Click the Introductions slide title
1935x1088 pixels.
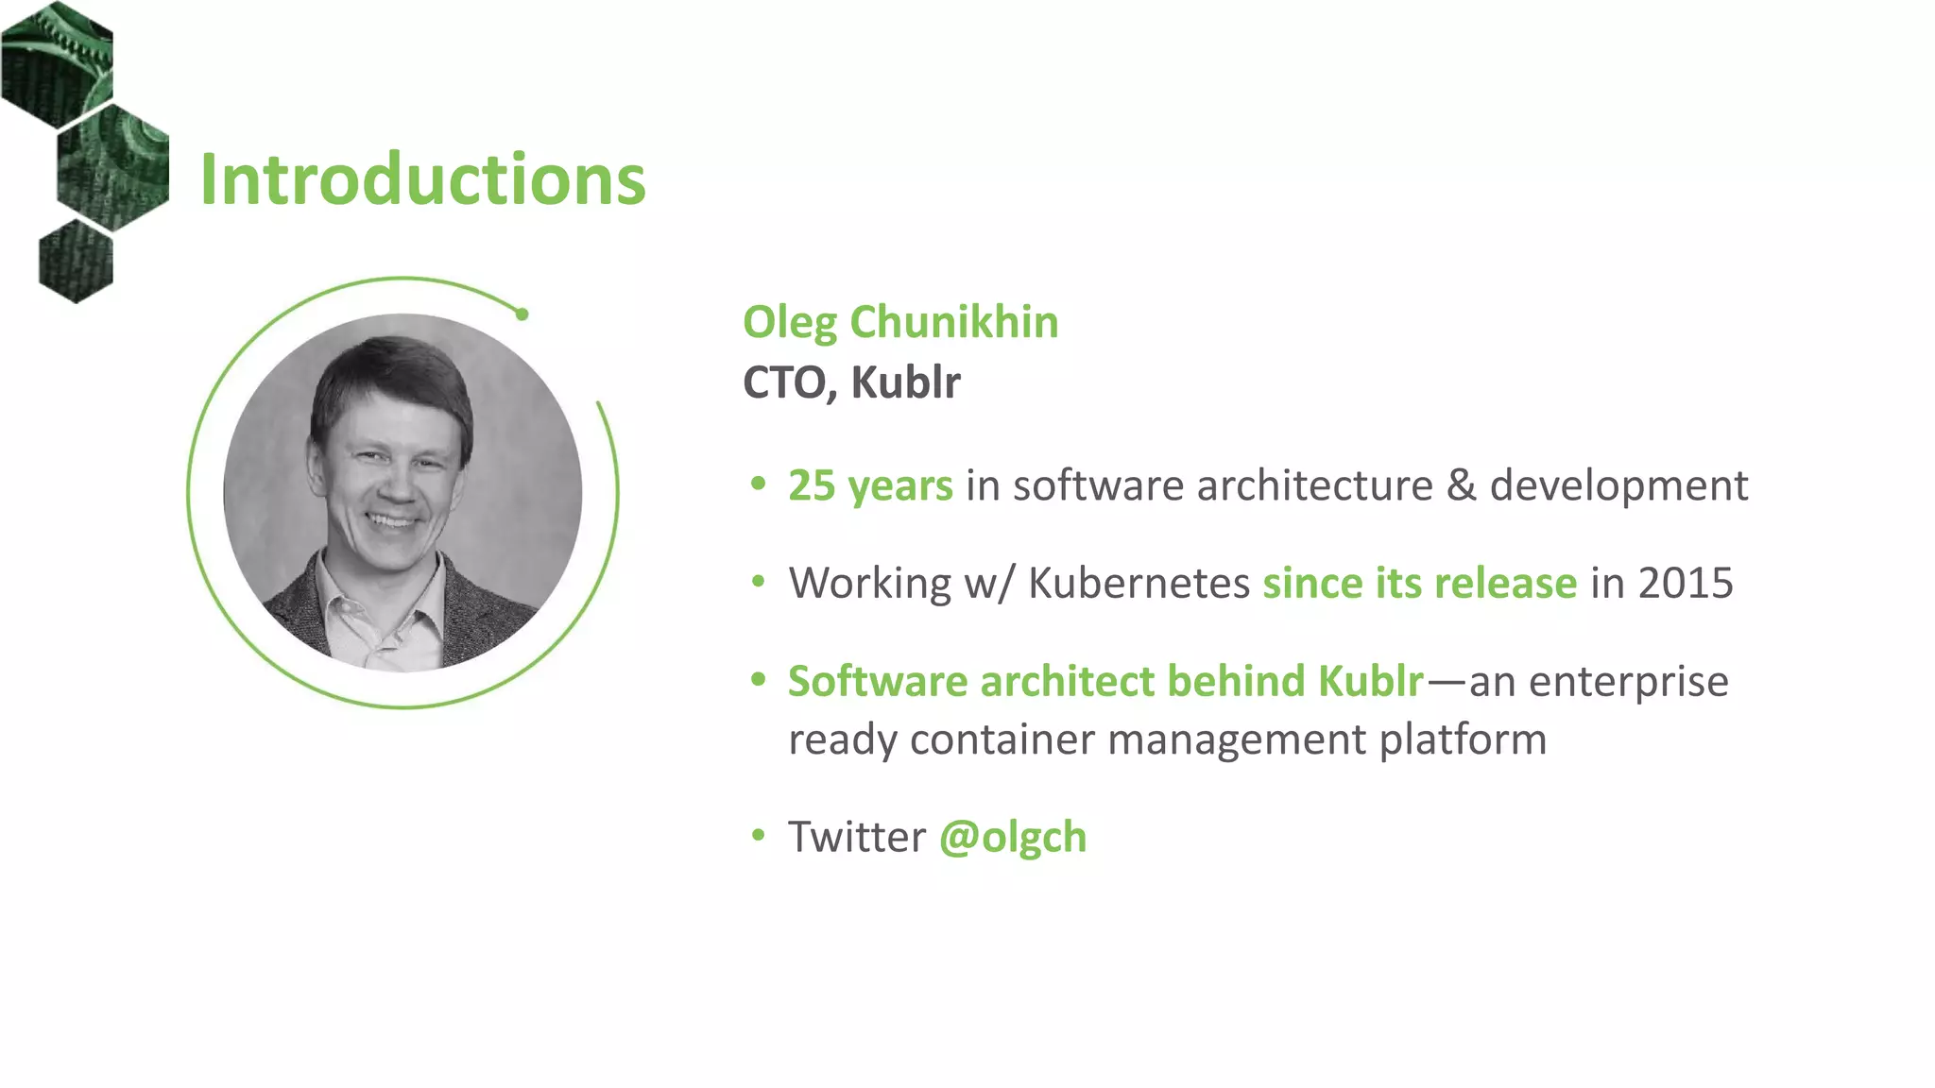click(x=422, y=179)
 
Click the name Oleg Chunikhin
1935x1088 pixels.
click(x=899, y=322)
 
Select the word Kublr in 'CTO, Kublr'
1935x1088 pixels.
click(x=905, y=382)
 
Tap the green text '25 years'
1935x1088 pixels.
click(x=870, y=485)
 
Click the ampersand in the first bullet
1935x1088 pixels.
click(x=1461, y=485)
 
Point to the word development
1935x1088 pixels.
click(x=1618, y=485)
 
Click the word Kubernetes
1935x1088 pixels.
click(x=1139, y=583)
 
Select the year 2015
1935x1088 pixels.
click(x=1686, y=583)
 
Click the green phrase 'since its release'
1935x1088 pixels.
click(x=1419, y=583)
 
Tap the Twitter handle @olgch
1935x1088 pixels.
click(x=1013, y=837)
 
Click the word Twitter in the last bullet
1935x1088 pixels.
click(x=857, y=837)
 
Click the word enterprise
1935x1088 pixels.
click(x=1628, y=681)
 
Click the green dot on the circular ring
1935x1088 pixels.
click(x=522, y=314)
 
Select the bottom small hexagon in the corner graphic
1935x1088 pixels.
click(x=76, y=261)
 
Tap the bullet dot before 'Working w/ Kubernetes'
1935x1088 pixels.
click(x=758, y=583)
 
